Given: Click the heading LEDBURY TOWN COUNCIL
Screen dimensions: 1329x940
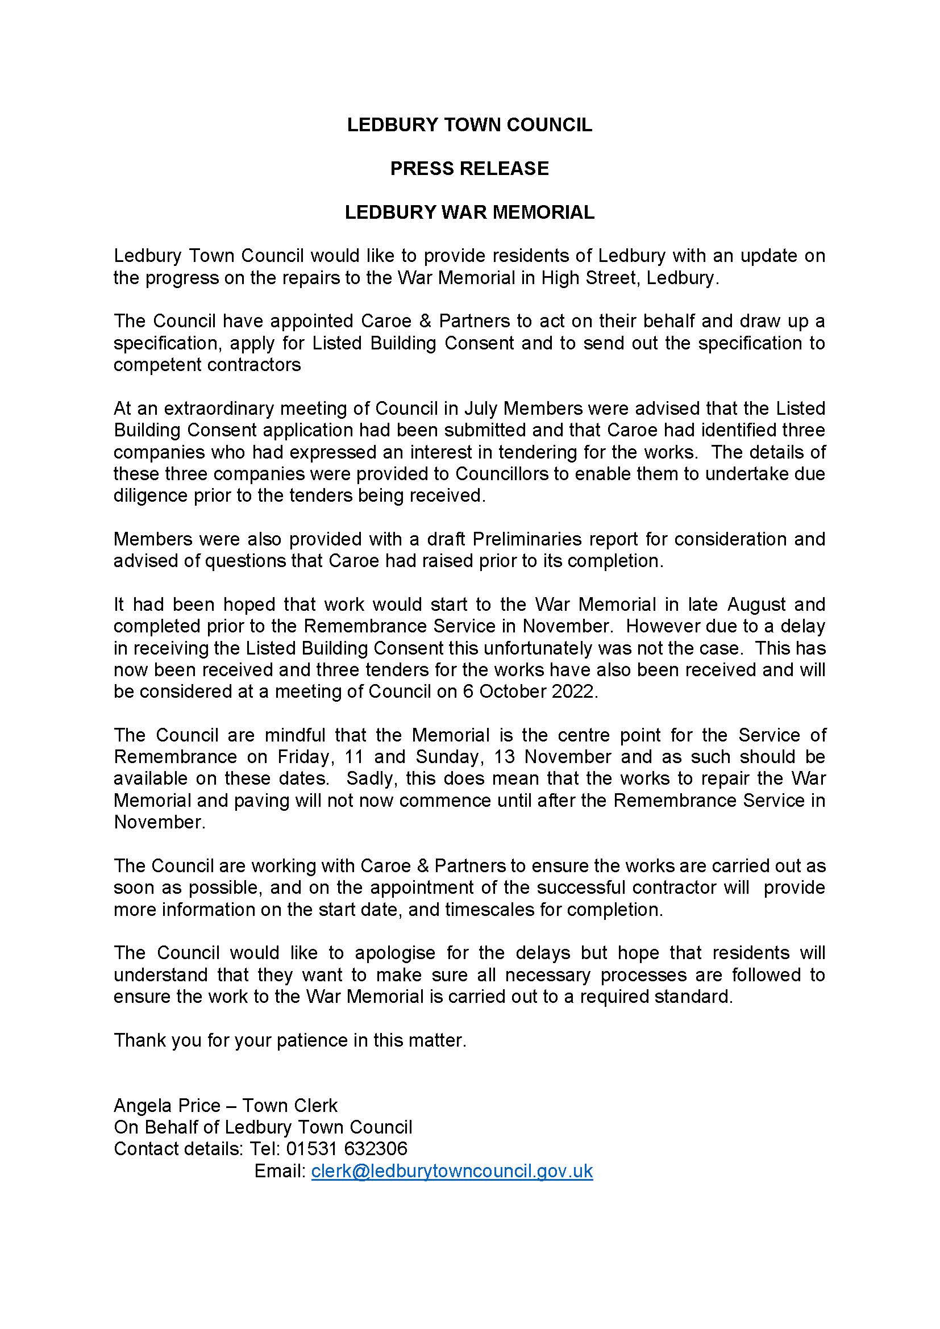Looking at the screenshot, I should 469,125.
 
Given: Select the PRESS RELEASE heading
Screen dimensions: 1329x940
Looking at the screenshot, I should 469,168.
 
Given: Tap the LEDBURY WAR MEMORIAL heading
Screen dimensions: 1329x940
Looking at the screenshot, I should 469,213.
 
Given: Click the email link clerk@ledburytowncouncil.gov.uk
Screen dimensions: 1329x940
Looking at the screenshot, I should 452,1171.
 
